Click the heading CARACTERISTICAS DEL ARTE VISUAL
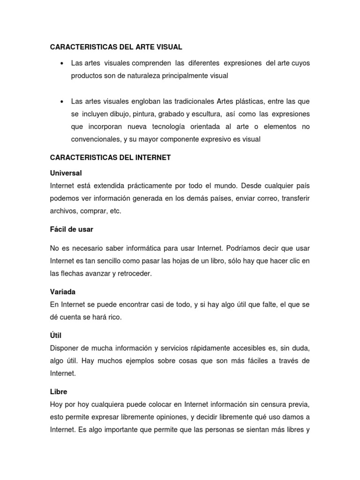116,47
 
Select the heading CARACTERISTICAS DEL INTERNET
110,158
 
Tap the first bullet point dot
62,63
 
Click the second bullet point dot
62,102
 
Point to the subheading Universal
66,173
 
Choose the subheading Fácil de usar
72,229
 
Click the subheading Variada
63,292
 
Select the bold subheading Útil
56,336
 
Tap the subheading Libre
59,391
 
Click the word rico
113,317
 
